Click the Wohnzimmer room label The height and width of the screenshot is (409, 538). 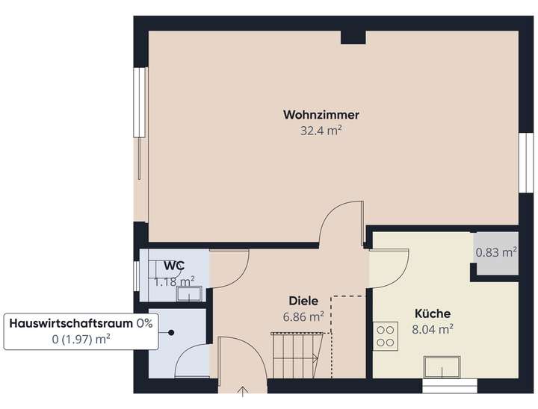tap(321, 115)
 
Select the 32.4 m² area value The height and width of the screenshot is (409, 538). tap(321, 131)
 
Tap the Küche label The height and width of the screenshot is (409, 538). tap(433, 314)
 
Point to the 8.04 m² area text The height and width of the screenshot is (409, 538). tap(433, 328)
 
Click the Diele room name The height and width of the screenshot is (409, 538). tap(304, 301)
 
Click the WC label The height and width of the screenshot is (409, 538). tap(175, 266)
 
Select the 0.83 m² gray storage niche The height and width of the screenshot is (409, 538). tap(496, 253)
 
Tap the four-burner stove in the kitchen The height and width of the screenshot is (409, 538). tap(386, 334)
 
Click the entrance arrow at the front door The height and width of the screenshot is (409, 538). tap(243, 391)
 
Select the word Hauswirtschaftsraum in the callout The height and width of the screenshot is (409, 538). tap(71, 323)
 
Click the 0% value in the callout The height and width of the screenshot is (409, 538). tap(144, 323)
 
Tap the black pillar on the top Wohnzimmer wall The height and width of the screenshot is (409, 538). tap(352, 37)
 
